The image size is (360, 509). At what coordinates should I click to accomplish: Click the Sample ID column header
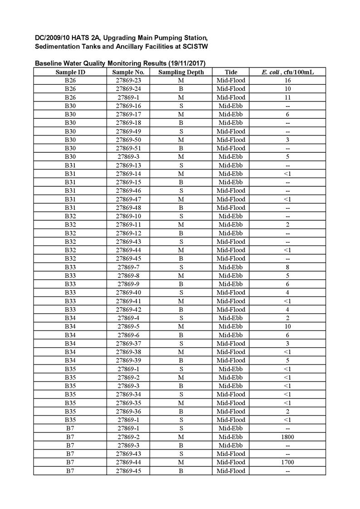[x=70, y=72]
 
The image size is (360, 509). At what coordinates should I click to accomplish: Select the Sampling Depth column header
[x=181, y=72]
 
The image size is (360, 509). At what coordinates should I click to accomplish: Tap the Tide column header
[x=231, y=72]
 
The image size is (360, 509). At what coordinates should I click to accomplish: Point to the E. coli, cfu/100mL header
[x=287, y=72]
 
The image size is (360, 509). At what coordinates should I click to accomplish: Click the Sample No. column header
[x=128, y=72]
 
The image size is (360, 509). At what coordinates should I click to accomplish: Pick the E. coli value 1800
[x=287, y=437]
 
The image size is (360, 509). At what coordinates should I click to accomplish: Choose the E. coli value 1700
[x=287, y=462]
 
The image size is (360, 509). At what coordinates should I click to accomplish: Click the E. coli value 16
[x=287, y=81]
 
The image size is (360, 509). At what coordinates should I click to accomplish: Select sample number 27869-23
[x=128, y=81]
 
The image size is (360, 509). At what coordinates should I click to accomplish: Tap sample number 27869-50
[x=128, y=140]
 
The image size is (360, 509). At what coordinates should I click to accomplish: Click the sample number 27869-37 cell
[x=128, y=344]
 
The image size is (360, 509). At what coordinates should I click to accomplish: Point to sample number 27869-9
[x=128, y=284]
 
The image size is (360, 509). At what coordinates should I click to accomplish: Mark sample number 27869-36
[x=128, y=412]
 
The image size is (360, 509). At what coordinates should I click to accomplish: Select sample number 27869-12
[x=128, y=233]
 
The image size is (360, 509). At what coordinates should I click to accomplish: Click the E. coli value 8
[x=287, y=267]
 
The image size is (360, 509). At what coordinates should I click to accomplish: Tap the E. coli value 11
[x=287, y=97]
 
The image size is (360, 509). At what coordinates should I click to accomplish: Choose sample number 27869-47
[x=128, y=199]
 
